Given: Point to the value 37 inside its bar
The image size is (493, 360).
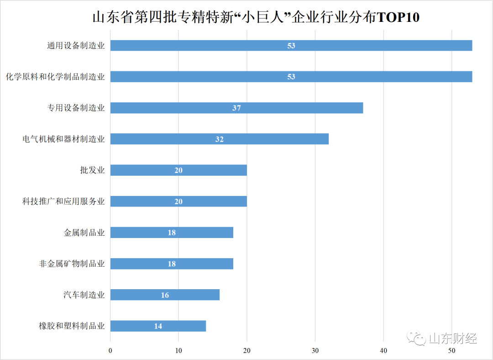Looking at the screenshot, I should point(236,108).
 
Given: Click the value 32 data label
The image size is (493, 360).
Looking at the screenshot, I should point(220,139).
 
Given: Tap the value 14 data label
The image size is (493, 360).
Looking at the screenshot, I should point(158,326).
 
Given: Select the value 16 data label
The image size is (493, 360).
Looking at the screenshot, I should point(165,295).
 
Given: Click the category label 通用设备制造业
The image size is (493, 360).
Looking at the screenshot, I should point(76,46).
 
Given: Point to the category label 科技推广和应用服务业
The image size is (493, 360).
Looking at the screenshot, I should point(63,201).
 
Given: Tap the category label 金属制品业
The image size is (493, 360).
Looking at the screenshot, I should point(84,233).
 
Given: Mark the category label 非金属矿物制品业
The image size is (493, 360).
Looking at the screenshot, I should point(72,264).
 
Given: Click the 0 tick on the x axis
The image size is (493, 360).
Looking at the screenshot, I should point(110,350).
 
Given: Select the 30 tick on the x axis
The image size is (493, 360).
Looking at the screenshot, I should point(315,350).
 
